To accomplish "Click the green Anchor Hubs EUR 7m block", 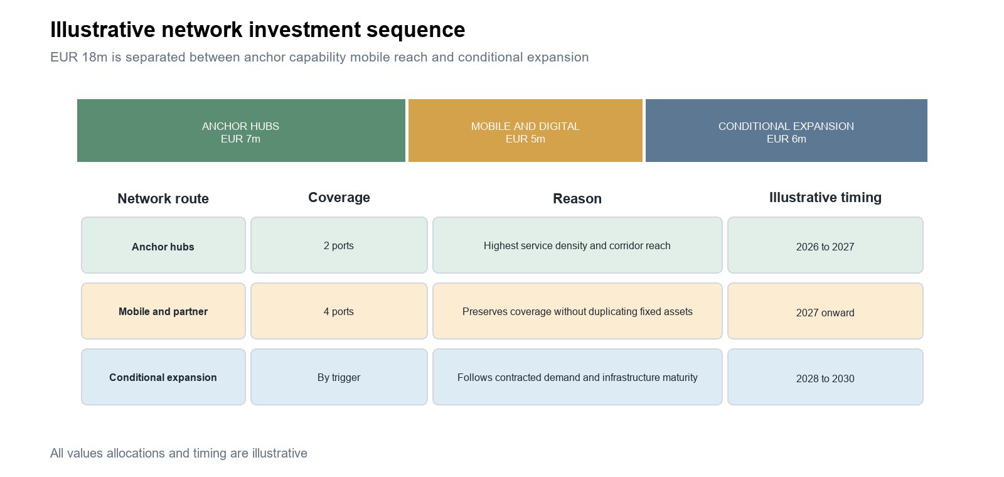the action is pyautogui.click(x=241, y=131).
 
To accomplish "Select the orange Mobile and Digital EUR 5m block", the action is pyautogui.click(x=525, y=131).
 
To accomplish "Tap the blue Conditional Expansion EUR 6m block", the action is pyautogui.click(x=786, y=131).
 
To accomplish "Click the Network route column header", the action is pyautogui.click(x=163, y=198).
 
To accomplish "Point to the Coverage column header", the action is pyautogui.click(x=339, y=197).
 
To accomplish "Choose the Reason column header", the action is pyautogui.click(x=577, y=198).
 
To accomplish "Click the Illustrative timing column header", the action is pyautogui.click(x=825, y=197).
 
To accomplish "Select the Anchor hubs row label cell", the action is pyautogui.click(x=163, y=245).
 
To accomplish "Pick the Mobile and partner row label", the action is pyautogui.click(x=163, y=311).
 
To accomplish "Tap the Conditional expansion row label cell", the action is pyautogui.click(x=163, y=377).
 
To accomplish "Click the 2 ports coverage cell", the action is pyautogui.click(x=339, y=245).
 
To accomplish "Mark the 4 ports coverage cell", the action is pyautogui.click(x=339, y=311).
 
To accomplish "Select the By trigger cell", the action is pyautogui.click(x=339, y=377).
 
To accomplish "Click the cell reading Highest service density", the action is pyautogui.click(x=577, y=245).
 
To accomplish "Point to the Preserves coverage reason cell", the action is pyautogui.click(x=577, y=311).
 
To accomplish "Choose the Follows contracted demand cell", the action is pyautogui.click(x=577, y=377).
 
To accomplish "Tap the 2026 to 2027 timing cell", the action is pyautogui.click(x=825, y=245).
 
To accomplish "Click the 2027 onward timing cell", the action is pyautogui.click(x=825, y=311).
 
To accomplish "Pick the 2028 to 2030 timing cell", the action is pyautogui.click(x=825, y=377).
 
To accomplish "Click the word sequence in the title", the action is pyautogui.click(x=415, y=31).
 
